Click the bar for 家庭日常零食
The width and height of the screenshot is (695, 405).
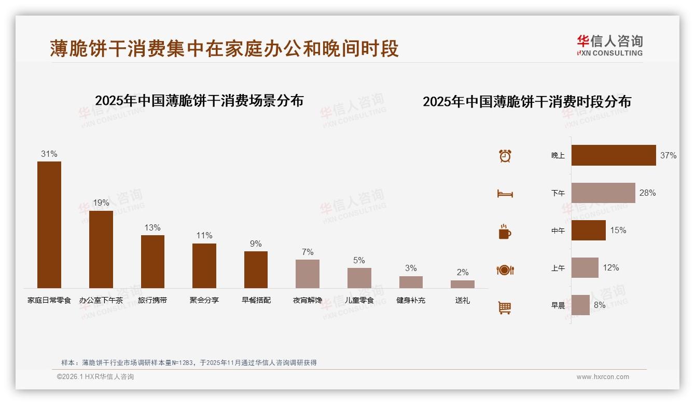[x=49, y=224]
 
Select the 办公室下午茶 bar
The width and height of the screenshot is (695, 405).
[x=101, y=249]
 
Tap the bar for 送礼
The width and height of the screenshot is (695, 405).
[x=462, y=284]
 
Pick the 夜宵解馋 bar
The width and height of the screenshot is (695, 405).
[x=308, y=274]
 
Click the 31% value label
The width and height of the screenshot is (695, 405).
[x=49, y=154]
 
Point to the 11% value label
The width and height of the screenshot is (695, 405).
[x=204, y=235]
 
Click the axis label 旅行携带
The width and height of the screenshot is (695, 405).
[x=152, y=300]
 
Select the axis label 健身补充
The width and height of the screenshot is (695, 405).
[x=411, y=300]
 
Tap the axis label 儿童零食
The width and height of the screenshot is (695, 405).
[x=359, y=300]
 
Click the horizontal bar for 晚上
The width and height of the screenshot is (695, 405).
[x=614, y=155]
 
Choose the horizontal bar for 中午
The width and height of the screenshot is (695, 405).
[x=589, y=230]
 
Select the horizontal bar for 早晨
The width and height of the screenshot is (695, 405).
[x=580, y=305]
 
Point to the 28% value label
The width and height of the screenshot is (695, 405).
[x=647, y=193]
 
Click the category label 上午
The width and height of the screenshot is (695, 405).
[x=558, y=268]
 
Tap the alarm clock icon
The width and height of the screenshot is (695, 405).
[x=505, y=156]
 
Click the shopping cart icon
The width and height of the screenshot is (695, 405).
[x=505, y=307]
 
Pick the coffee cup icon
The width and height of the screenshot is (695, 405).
[x=505, y=232]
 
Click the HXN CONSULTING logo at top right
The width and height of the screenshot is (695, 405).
[x=610, y=46]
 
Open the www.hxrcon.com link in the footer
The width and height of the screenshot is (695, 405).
[x=603, y=377]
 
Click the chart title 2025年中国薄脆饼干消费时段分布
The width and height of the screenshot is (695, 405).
[x=527, y=102]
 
